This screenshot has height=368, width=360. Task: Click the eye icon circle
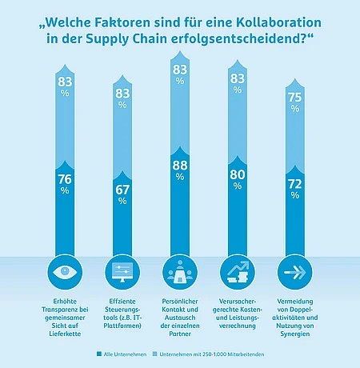point(65,272)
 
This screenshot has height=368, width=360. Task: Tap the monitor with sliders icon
point(122,272)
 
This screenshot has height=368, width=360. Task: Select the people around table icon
point(180,272)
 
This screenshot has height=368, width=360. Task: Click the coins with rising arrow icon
point(238,272)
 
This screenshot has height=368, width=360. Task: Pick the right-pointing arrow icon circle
point(295,272)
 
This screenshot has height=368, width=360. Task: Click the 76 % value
point(65,184)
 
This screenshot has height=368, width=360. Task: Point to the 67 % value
point(122,194)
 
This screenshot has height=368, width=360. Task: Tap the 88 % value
point(180,170)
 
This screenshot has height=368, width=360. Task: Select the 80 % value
point(238,179)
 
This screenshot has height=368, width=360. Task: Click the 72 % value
point(295,189)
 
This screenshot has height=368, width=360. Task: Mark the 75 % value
point(295,102)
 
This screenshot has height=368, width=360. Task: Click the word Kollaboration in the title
point(278,22)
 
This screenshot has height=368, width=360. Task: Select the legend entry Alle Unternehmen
point(122,354)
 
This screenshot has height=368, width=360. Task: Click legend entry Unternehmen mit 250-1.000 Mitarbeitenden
point(208,354)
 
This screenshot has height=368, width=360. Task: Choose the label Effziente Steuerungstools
point(122,314)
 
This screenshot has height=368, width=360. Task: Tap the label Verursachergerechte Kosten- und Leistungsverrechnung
point(238,314)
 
